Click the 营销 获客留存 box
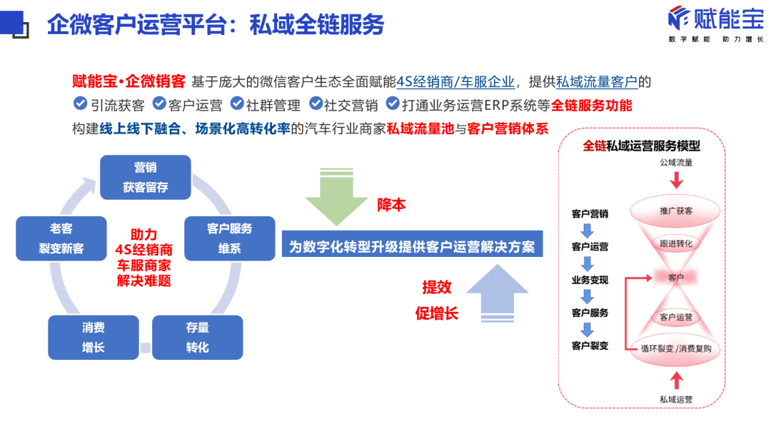[x=145, y=177]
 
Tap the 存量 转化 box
[x=197, y=337]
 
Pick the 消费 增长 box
[x=93, y=337]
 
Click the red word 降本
[x=391, y=205]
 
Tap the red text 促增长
[x=437, y=313]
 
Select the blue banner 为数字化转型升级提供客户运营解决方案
[x=412, y=247]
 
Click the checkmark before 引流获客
[x=80, y=104]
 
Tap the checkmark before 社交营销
[x=316, y=104]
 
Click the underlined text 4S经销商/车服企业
[x=455, y=81]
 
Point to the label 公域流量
[x=675, y=163]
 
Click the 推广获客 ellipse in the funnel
[x=675, y=211]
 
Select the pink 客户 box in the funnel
[x=675, y=278]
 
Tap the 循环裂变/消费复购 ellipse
[x=675, y=349]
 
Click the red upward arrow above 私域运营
[x=675, y=379]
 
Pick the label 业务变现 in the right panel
[x=590, y=280]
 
